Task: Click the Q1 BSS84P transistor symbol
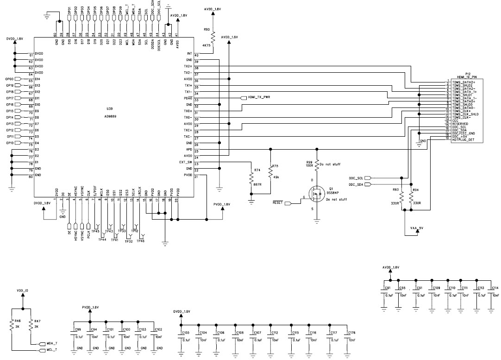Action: click(316, 193)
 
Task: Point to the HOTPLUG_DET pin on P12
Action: click(463, 139)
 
